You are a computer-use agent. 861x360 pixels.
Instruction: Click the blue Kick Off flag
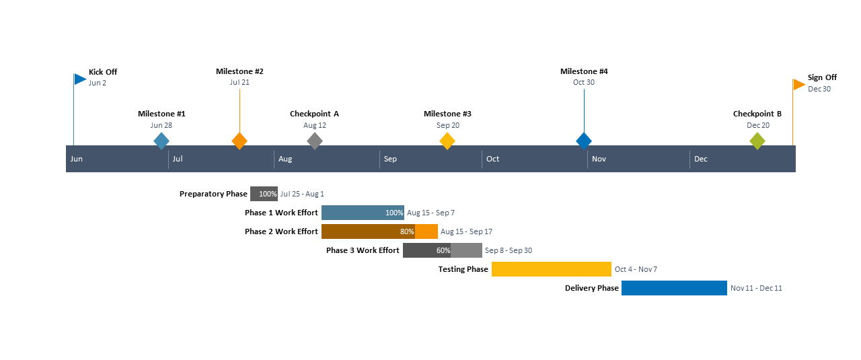point(80,79)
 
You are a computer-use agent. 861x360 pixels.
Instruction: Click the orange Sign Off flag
point(799,84)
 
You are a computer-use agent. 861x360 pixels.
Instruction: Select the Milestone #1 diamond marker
point(161,141)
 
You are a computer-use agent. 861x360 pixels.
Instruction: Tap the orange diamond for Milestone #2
point(239,141)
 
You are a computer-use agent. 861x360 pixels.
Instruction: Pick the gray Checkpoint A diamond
point(315,141)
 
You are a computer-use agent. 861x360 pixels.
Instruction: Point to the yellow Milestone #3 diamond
point(447,141)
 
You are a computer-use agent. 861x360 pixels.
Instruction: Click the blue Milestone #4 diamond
point(584,141)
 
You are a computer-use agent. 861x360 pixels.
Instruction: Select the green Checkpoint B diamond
point(757,141)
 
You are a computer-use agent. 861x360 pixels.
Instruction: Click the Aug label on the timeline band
point(285,159)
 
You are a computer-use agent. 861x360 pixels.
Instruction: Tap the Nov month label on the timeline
point(599,159)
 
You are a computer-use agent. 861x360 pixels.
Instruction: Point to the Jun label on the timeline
point(77,159)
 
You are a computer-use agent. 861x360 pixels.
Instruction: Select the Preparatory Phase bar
point(264,194)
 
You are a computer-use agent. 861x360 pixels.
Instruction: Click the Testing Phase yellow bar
point(551,269)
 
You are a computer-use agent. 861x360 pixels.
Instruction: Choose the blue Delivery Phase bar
point(674,288)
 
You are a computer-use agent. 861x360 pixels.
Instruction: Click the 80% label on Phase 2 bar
point(407,231)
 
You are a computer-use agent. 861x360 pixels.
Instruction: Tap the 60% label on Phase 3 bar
point(443,250)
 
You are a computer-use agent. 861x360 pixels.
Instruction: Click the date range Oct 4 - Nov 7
point(636,269)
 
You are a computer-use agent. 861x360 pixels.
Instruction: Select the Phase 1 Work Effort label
point(281,213)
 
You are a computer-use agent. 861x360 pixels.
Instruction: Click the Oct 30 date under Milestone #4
point(584,82)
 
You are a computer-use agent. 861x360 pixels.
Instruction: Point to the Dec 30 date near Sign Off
point(819,89)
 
